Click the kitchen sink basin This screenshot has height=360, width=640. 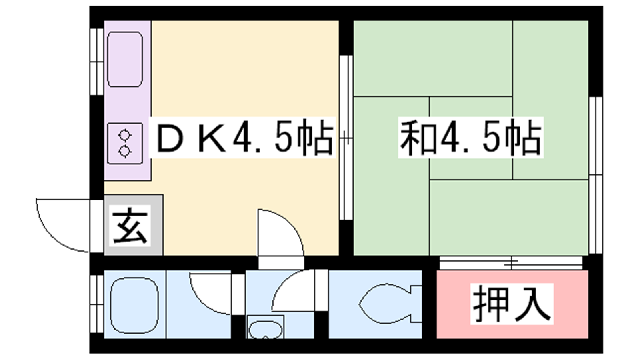[125, 59]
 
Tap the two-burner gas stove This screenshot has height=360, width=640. [125, 144]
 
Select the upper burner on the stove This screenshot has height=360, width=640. [124, 135]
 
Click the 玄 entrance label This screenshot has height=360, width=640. [130, 225]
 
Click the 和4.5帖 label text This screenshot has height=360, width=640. [470, 137]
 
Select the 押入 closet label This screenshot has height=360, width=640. [512, 304]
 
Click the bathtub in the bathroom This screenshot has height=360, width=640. [134, 305]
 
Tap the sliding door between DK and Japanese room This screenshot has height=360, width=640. [346, 138]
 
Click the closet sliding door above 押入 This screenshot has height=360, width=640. [511, 263]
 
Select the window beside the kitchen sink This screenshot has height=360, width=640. [97, 62]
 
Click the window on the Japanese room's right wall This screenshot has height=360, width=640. [596, 175]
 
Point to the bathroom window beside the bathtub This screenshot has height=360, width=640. [97, 304]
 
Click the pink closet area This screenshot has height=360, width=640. [512, 304]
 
